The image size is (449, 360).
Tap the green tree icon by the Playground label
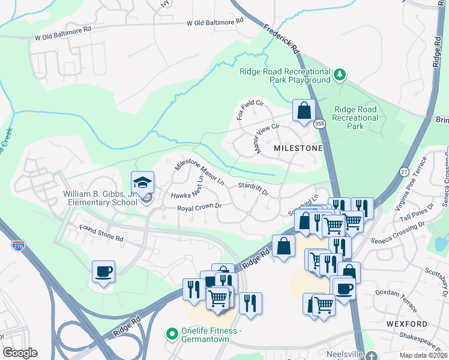[340, 74]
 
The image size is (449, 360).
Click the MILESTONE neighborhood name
[298, 148]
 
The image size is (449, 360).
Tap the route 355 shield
[319, 124]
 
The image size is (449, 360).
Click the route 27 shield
[404, 172]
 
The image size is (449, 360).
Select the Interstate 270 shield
[19, 245]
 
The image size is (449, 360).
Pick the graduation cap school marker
[142, 182]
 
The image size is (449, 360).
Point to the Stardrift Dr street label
[253, 189]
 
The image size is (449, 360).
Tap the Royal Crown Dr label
[200, 208]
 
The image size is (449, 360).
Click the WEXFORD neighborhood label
[411, 324]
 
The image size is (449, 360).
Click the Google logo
[20, 353]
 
